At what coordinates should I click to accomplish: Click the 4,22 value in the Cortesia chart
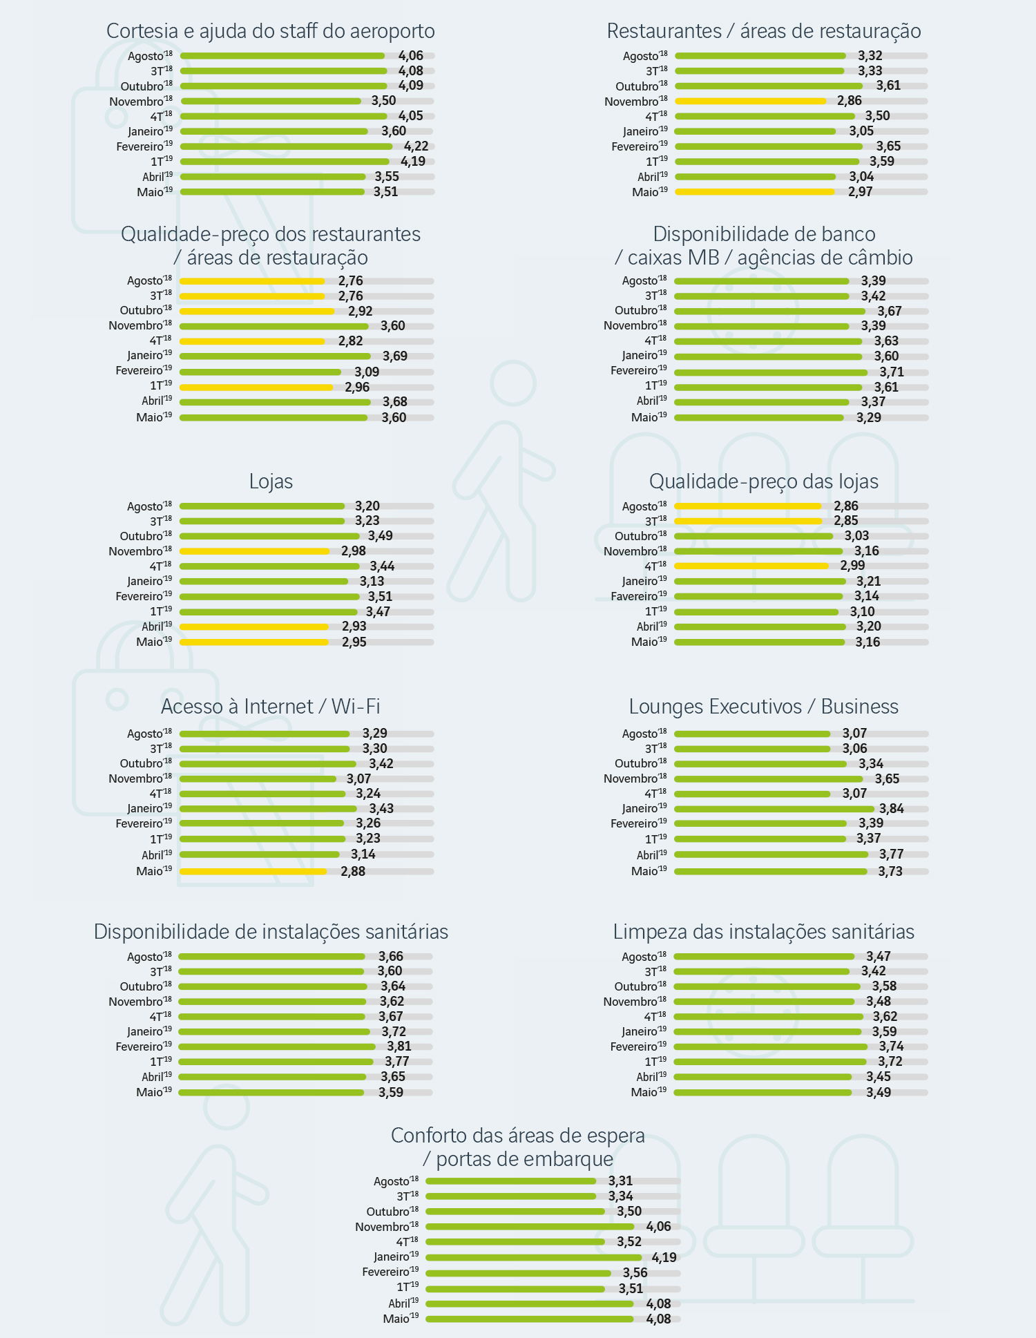tap(416, 146)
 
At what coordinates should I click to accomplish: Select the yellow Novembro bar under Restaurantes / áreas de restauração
tap(750, 102)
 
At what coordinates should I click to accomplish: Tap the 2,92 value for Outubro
tap(360, 312)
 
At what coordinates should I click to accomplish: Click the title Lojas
tap(271, 481)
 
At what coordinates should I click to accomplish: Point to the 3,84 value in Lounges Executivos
tap(891, 809)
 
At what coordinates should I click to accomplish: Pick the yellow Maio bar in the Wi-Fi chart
tap(253, 872)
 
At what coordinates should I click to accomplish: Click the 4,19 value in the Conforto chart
tap(664, 1258)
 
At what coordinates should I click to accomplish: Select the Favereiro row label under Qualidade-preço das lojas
tap(639, 597)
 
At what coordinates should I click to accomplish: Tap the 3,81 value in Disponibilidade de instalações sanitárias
tap(399, 1046)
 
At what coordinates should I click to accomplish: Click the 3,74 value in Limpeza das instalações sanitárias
tap(891, 1046)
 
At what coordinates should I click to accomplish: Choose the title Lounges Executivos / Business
tap(763, 707)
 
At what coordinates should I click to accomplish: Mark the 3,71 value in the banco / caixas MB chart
tap(891, 372)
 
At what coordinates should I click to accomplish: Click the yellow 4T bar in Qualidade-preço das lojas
tap(751, 566)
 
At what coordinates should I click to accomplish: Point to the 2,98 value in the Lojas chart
tap(353, 551)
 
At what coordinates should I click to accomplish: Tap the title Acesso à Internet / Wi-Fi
tap(271, 707)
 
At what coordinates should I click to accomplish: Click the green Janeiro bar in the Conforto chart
tap(533, 1258)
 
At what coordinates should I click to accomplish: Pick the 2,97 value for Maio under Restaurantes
tap(860, 192)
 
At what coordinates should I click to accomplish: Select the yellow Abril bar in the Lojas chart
tap(254, 627)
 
